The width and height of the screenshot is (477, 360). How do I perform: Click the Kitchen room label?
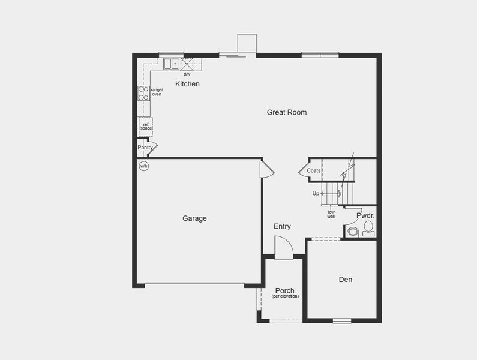[187, 84]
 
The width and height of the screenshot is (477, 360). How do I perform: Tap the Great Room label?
[287, 112]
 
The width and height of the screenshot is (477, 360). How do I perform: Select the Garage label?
[194, 218]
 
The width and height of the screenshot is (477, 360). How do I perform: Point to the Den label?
[345, 280]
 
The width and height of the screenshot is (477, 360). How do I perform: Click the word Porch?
[284, 291]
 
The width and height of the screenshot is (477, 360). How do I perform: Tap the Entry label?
[282, 226]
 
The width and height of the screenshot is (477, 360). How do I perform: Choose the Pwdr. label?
[365, 215]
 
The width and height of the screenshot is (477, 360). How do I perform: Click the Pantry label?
[145, 148]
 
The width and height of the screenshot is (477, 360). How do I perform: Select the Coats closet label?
[314, 171]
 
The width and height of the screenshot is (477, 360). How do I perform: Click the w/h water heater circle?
[144, 166]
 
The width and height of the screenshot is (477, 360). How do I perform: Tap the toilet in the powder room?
[368, 227]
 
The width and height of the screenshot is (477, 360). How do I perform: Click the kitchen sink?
[171, 63]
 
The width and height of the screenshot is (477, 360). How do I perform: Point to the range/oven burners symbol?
[144, 93]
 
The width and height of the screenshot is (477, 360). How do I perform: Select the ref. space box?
[146, 126]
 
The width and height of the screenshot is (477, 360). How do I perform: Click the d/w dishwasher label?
[187, 74]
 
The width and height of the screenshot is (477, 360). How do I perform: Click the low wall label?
[331, 214]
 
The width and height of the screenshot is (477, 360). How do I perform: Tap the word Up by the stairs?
[316, 194]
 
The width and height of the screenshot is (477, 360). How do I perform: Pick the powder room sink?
[353, 231]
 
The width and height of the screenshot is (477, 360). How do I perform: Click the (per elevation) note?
[285, 297]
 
